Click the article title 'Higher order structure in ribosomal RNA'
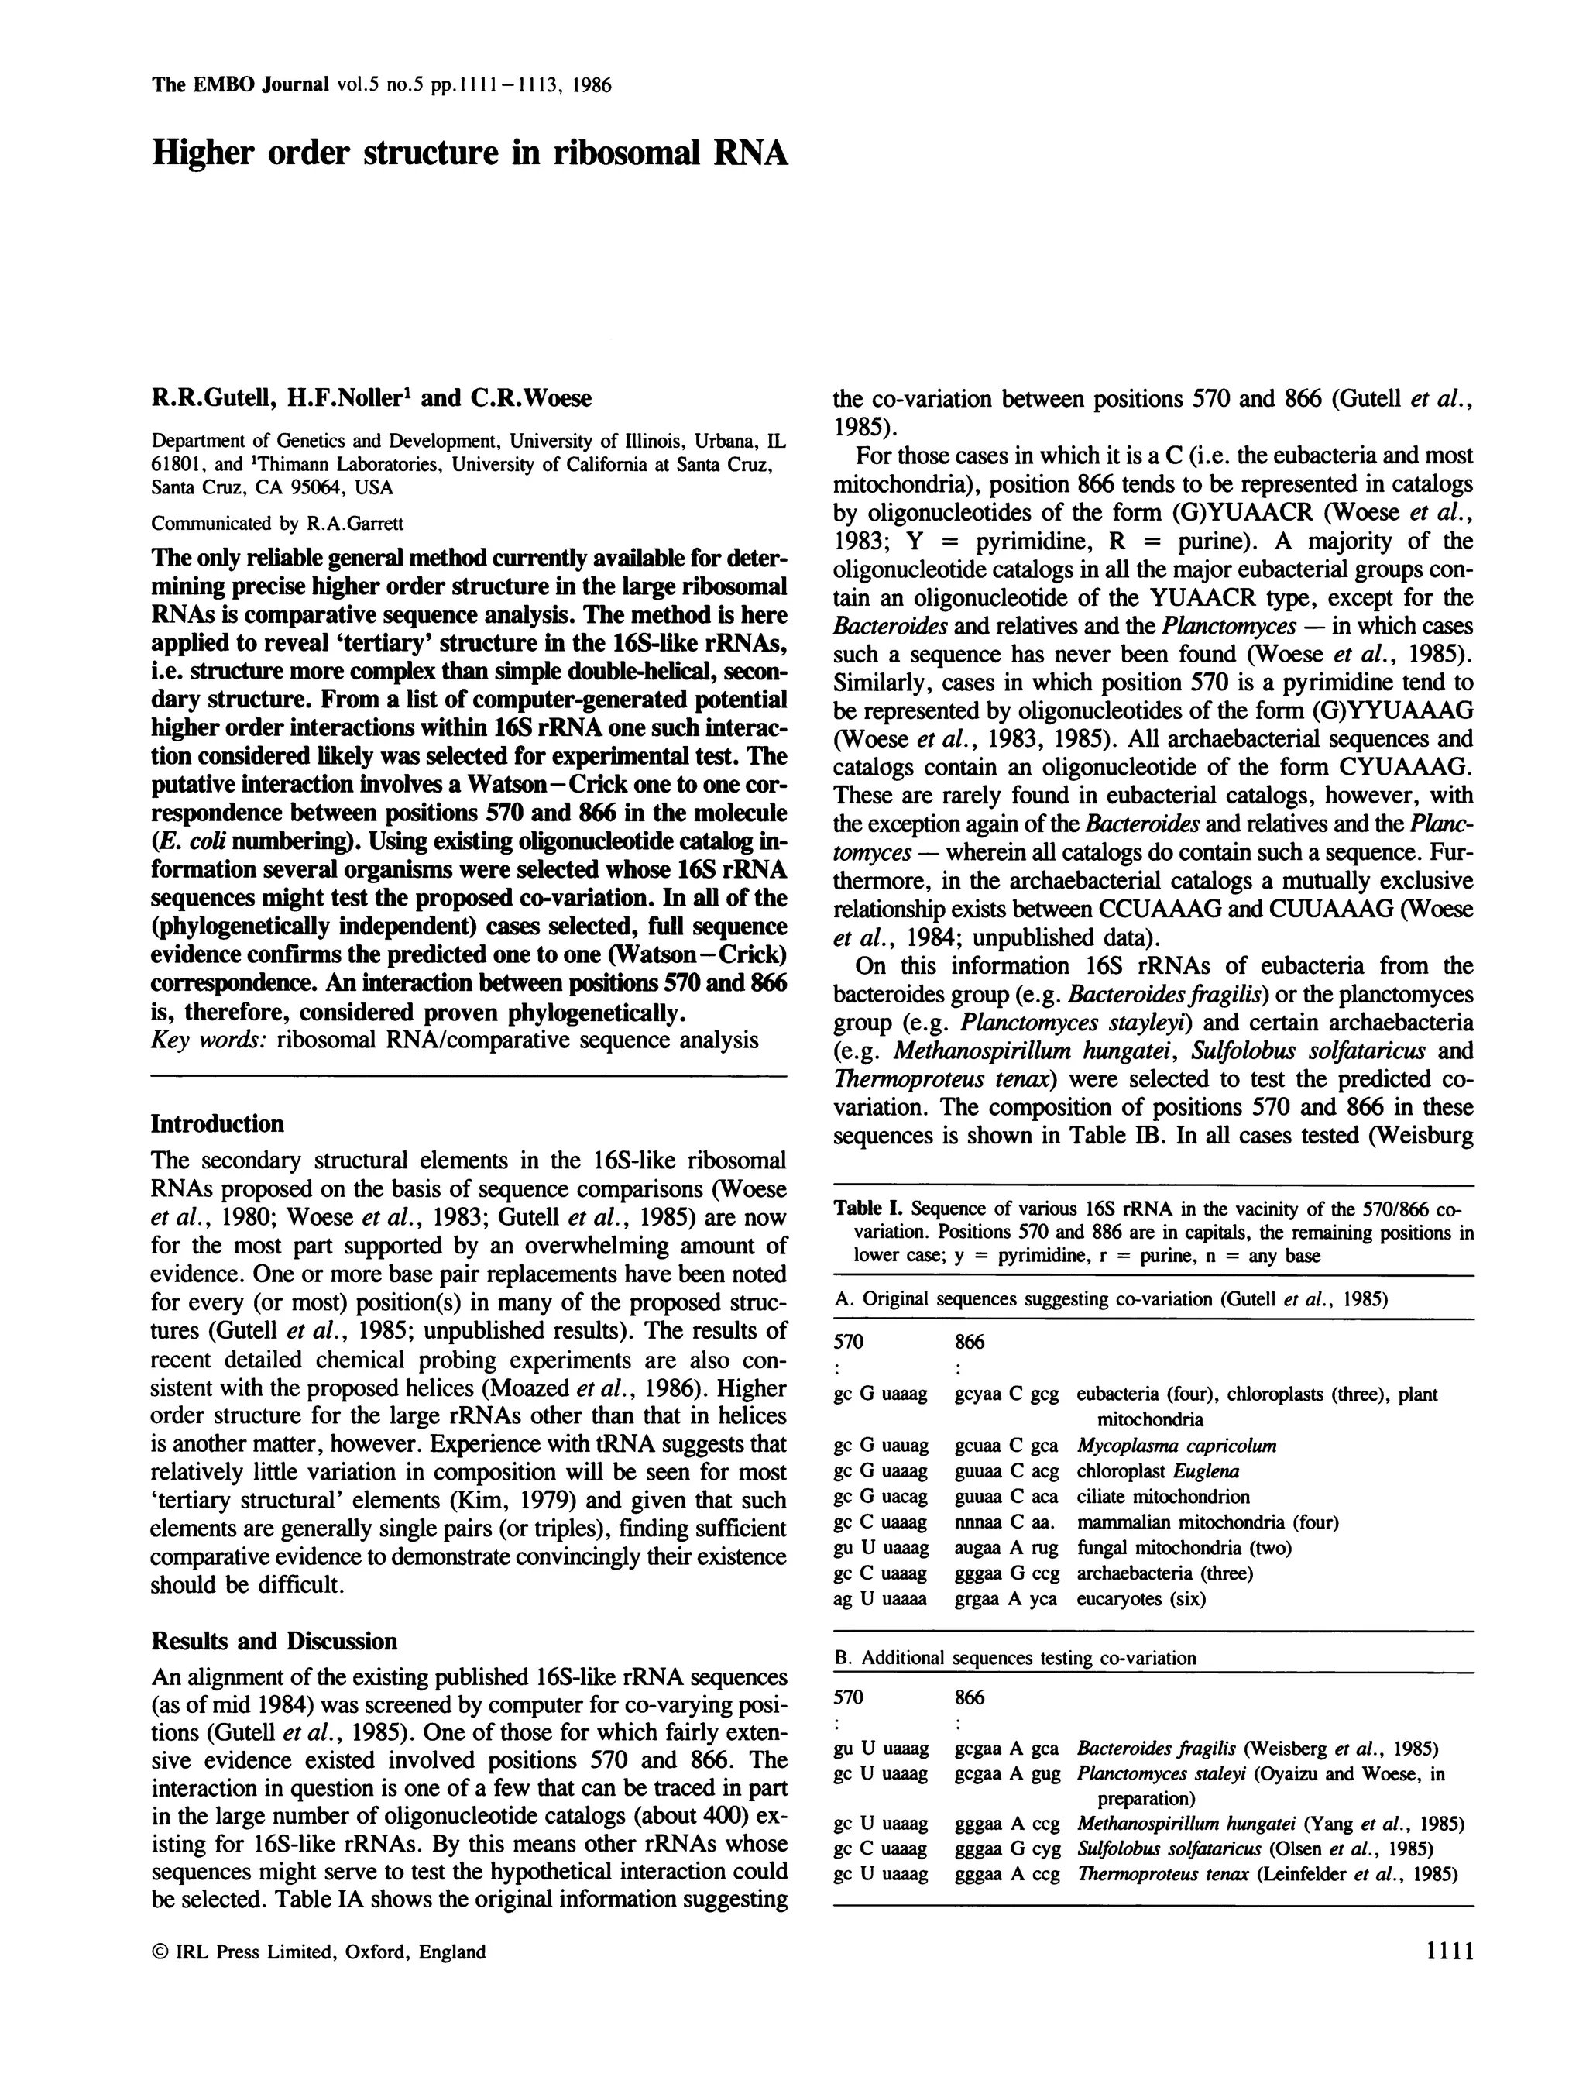click(x=469, y=153)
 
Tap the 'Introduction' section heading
click(x=217, y=1123)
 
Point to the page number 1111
click(x=1444, y=1952)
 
